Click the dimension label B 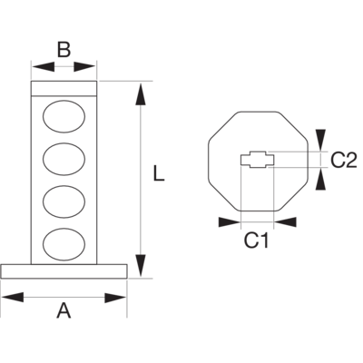pyautogui.click(x=64, y=50)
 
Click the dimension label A pyautogui.click(x=64, y=310)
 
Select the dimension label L pyautogui.click(x=159, y=173)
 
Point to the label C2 pyautogui.click(x=344, y=161)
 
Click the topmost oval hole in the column pyautogui.click(x=64, y=116)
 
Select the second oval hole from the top pyautogui.click(x=64, y=159)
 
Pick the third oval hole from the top pyautogui.click(x=64, y=201)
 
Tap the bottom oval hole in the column pyautogui.click(x=64, y=244)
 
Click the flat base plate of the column pyautogui.click(x=64, y=271)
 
